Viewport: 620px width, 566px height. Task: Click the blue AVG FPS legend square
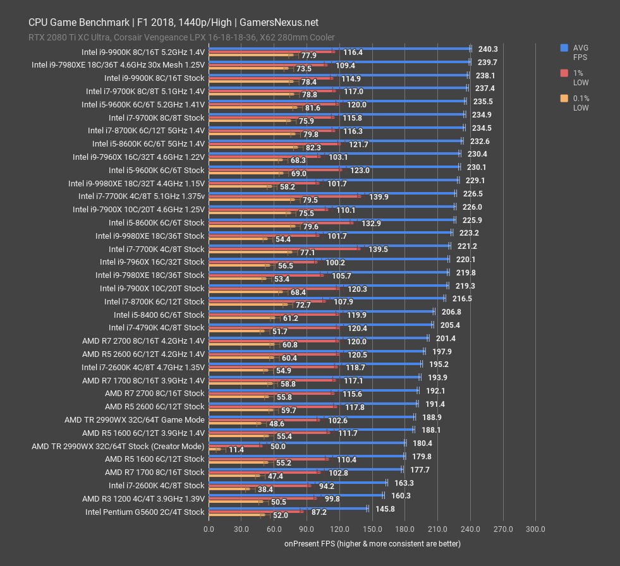pyautogui.click(x=564, y=47)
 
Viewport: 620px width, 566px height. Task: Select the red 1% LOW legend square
pyautogui.click(x=564, y=73)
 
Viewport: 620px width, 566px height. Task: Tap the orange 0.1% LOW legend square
pyautogui.click(x=564, y=98)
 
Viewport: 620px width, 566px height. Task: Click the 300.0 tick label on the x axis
pyautogui.click(x=535, y=529)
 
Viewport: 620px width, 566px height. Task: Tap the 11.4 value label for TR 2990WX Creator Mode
pyautogui.click(x=236, y=450)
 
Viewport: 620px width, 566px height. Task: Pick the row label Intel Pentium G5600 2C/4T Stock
pyautogui.click(x=145, y=512)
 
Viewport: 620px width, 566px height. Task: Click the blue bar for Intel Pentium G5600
pyautogui.click(x=288, y=508)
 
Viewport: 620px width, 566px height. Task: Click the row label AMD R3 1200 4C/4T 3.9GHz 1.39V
pyautogui.click(x=143, y=498)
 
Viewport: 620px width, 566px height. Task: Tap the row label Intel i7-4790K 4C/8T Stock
pyautogui.click(x=157, y=327)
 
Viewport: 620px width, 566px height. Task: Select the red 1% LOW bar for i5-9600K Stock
pyautogui.click(x=275, y=170)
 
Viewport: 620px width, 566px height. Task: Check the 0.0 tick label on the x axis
pyautogui.click(x=209, y=529)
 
